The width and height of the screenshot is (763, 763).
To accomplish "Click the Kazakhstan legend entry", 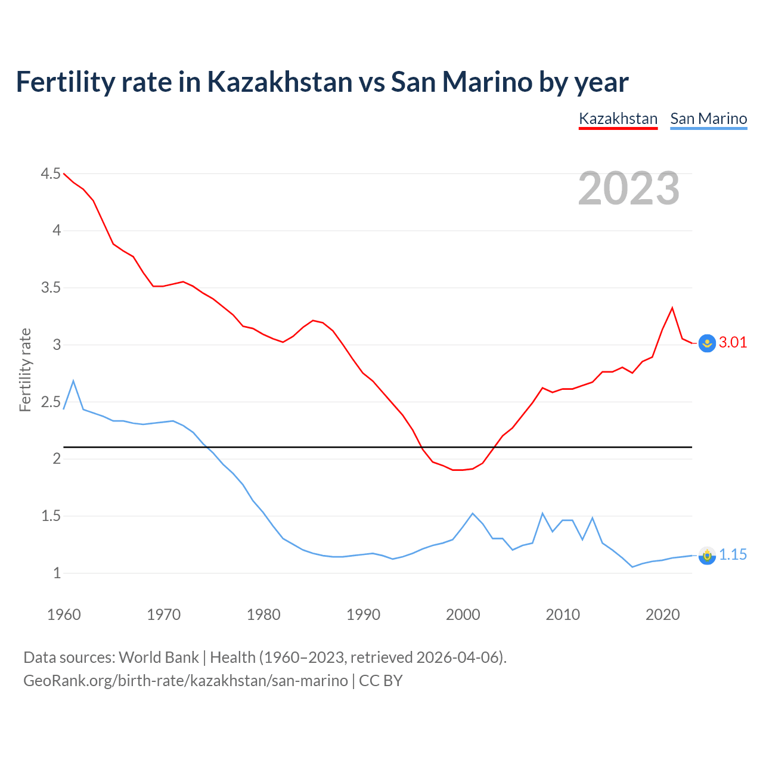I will click(618, 119).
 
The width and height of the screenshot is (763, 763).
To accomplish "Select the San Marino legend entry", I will click(708, 119).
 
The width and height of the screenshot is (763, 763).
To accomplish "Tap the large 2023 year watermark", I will click(629, 188).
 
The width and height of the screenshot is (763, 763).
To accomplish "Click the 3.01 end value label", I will click(733, 342).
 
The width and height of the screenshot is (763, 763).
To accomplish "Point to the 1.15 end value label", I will click(733, 554).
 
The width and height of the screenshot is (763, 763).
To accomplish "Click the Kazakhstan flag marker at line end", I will click(707, 343).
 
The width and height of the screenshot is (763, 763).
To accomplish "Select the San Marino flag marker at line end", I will click(707, 556).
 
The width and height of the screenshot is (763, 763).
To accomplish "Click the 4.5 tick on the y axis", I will click(51, 173).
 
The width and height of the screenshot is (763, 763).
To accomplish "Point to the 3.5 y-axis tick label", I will click(51, 288).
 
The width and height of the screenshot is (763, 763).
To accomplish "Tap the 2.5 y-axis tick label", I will click(51, 402).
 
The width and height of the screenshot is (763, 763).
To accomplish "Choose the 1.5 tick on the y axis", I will click(51, 516).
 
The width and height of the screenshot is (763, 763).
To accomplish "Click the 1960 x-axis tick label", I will click(64, 615).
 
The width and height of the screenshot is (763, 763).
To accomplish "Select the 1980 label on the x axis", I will click(263, 615).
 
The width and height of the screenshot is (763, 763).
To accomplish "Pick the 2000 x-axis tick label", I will click(463, 615).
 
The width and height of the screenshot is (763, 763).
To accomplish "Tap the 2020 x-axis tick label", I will click(662, 615).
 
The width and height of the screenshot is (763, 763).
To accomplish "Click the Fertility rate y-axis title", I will click(25, 370).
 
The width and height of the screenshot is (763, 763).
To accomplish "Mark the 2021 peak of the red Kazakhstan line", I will click(672, 308).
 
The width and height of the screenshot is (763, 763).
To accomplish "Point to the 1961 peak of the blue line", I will click(73, 381).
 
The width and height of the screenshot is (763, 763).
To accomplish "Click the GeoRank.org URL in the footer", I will click(185, 680).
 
